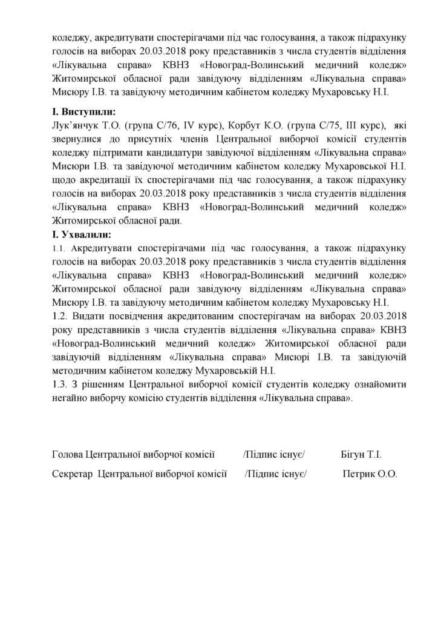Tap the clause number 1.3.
tap(61, 385)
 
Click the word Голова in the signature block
tap(68, 454)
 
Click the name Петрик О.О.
tap(370, 475)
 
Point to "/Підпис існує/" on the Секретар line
tap(276, 475)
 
